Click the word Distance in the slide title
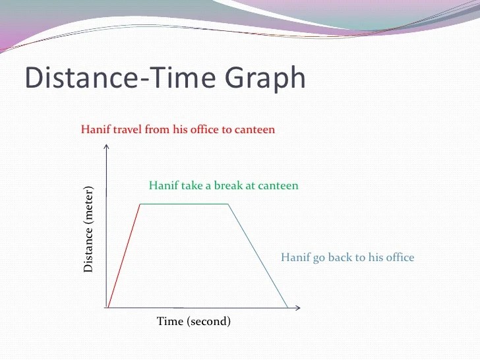(x=82, y=77)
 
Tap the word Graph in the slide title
(x=265, y=78)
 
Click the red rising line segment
(x=124, y=256)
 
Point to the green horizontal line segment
(x=185, y=204)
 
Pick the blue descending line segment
(x=258, y=256)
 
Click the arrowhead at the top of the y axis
(x=106, y=146)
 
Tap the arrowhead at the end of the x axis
(x=297, y=308)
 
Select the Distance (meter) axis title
(x=88, y=229)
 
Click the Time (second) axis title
(x=193, y=322)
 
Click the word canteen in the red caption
(x=255, y=129)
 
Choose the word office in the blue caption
(x=400, y=257)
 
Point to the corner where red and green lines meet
(x=140, y=204)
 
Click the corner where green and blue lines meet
(x=228, y=204)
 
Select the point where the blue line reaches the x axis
(x=287, y=308)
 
